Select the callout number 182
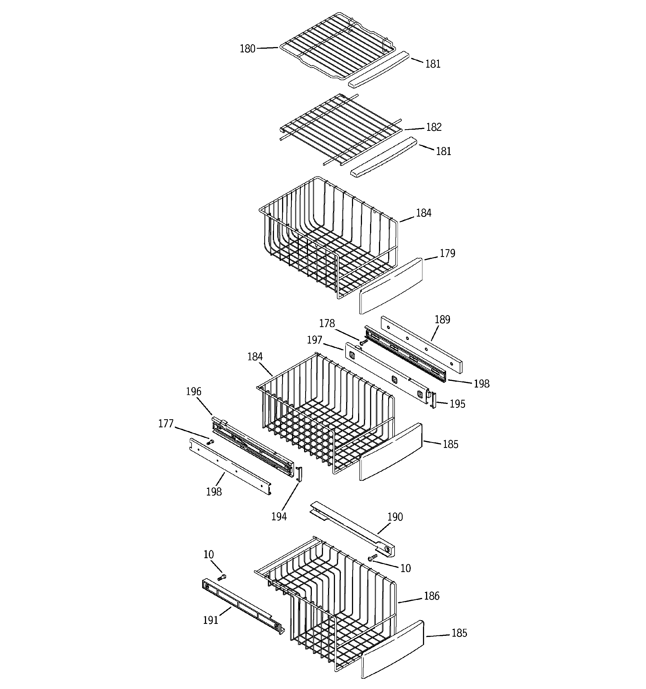point(434,127)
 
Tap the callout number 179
point(447,253)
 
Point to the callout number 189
point(442,320)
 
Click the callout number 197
point(314,340)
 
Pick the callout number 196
point(194,392)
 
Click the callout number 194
point(279,517)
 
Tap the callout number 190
point(395,517)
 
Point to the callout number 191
point(211,620)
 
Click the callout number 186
point(432,596)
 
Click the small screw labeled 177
point(210,442)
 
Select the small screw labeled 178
point(363,342)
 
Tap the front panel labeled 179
point(391,286)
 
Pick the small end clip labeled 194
point(299,474)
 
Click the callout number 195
point(457,404)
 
